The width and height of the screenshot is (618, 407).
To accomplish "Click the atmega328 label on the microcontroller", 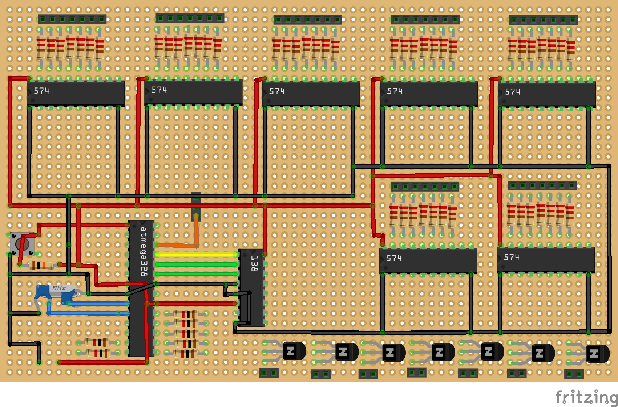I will (x=144, y=252).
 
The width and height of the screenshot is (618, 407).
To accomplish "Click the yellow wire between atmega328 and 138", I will (x=196, y=255).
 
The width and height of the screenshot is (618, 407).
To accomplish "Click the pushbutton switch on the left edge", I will (x=22, y=244).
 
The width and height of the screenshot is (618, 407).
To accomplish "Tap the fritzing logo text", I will (x=586, y=397).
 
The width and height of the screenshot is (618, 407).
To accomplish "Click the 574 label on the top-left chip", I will (x=41, y=91).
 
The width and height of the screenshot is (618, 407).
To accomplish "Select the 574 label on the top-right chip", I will (x=512, y=92).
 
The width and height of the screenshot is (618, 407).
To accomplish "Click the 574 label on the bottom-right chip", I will (x=511, y=257).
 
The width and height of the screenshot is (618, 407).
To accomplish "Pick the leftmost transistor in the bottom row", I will (x=294, y=351).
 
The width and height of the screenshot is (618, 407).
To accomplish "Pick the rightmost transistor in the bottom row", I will (x=597, y=353).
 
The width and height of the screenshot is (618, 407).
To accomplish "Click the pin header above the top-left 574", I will (x=72, y=19).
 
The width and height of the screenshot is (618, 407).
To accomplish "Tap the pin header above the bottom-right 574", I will (x=542, y=186).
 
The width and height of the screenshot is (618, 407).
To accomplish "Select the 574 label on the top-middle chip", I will (x=277, y=91).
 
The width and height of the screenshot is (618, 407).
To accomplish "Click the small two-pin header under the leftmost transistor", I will (x=268, y=373).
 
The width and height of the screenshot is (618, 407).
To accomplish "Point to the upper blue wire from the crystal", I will (x=98, y=304).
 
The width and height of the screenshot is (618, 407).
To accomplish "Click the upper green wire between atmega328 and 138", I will (x=196, y=264).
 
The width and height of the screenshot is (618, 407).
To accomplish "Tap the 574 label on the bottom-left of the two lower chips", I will (x=394, y=258).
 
